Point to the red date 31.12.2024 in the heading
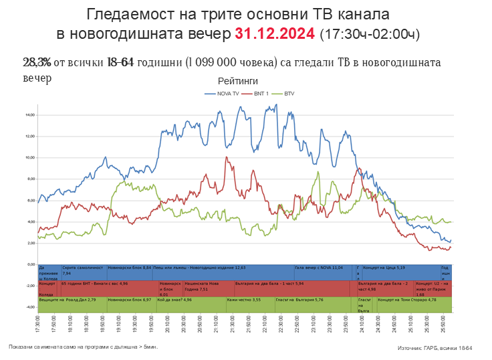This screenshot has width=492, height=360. (x=275, y=33)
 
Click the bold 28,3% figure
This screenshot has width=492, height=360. (x=37, y=62)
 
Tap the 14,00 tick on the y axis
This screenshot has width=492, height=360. (x=29, y=115)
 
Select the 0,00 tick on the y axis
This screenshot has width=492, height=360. (x=30, y=264)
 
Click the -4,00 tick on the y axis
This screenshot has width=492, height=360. (x=29, y=307)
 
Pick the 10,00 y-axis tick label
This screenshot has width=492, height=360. (x=29, y=158)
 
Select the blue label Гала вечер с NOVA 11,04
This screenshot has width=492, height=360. (x=318, y=267)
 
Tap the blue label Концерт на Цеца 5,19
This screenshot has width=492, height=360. (x=384, y=267)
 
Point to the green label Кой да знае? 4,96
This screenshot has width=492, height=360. (x=174, y=300)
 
